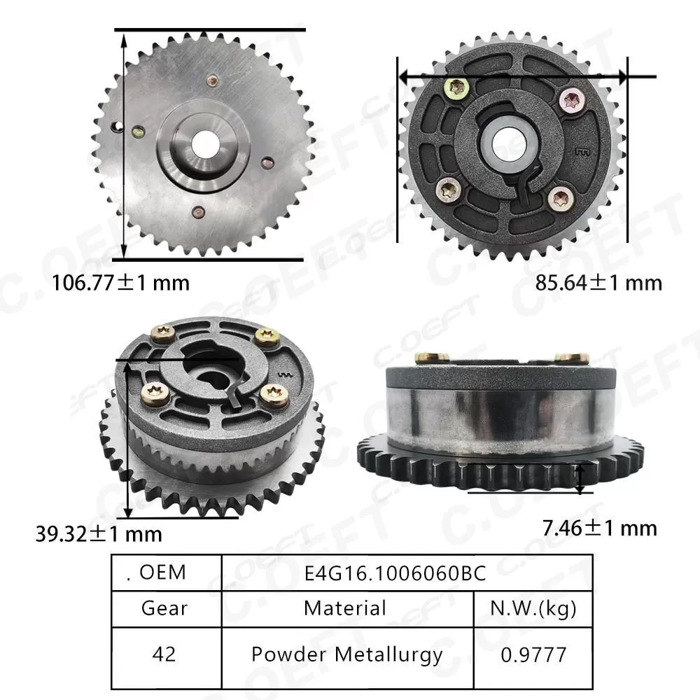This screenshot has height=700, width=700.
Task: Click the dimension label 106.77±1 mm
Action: (121, 283)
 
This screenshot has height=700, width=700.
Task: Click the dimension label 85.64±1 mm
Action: (598, 283)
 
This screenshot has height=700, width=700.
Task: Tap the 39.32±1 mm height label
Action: (99, 534)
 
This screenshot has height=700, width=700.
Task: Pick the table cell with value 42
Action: (164, 654)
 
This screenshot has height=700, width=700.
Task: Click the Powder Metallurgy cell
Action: (347, 654)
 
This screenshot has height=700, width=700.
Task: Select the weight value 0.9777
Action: (533, 654)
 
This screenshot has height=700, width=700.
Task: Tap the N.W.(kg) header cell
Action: (533, 608)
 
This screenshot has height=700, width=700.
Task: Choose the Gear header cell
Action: (164, 608)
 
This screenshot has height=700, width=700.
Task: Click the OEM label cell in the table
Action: (164, 573)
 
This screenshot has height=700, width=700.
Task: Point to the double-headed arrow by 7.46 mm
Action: (580, 477)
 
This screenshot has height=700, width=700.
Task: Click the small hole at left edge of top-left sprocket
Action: (118, 127)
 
